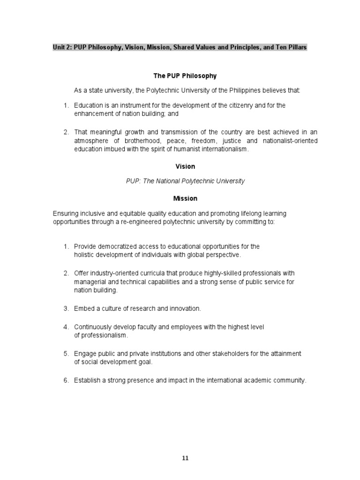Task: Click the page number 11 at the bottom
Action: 185,458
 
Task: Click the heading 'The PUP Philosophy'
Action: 185,76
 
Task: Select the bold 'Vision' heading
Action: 185,166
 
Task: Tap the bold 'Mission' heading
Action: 185,198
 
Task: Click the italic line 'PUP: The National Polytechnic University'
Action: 185,181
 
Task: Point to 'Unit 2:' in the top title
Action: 62,48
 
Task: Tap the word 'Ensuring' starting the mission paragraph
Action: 65,214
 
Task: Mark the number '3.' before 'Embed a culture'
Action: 66,308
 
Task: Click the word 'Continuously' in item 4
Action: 92,327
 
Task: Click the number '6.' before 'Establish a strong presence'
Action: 66,380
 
